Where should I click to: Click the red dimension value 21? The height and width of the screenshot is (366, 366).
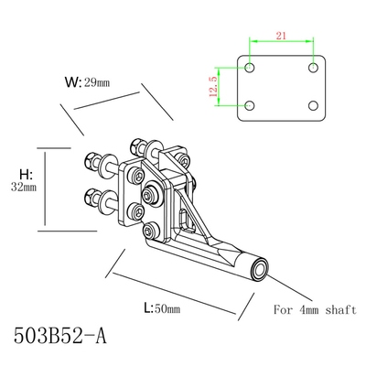(280, 35)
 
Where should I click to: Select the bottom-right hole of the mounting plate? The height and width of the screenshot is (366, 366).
(314, 103)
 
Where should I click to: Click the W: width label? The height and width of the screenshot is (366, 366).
(74, 81)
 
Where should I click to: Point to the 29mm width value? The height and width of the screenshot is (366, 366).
(98, 82)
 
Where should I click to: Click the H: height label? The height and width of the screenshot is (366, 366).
(26, 172)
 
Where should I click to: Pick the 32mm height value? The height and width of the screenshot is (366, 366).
(24, 188)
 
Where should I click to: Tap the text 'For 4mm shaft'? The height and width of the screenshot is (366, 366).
(314, 309)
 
